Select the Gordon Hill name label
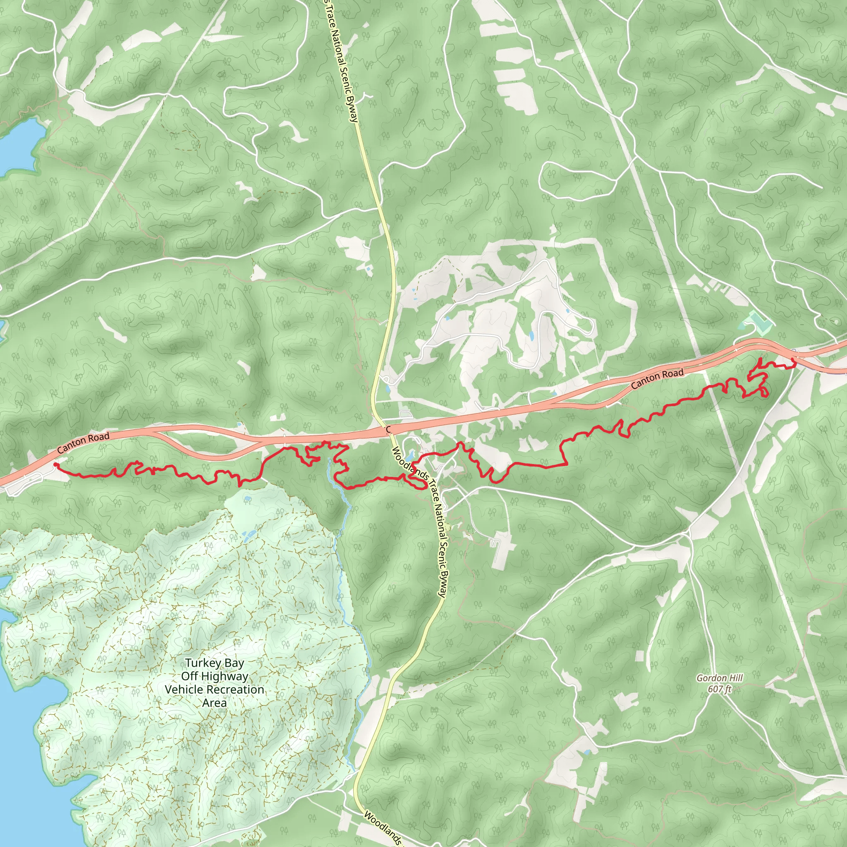(720, 678)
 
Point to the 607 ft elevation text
(720, 689)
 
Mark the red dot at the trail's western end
(56, 465)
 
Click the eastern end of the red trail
(793, 360)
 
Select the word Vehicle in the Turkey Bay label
(183, 689)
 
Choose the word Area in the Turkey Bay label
(214, 703)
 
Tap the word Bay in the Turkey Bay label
(234, 663)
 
